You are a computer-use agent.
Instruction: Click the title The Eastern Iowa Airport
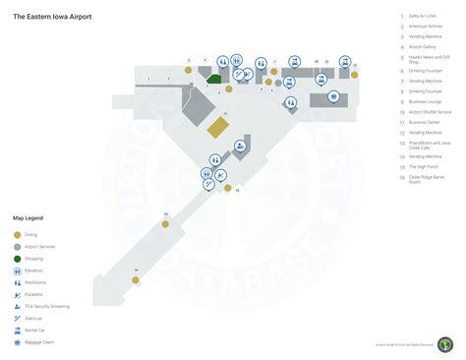click(x=51, y=16)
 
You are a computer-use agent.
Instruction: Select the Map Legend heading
click(x=28, y=217)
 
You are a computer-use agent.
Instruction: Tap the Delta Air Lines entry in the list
click(x=424, y=17)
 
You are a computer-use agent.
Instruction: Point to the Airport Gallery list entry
click(x=424, y=45)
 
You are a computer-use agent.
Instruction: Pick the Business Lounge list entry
click(x=425, y=101)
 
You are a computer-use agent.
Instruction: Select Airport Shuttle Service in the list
click(x=430, y=112)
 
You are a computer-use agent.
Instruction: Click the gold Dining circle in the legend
click(x=17, y=235)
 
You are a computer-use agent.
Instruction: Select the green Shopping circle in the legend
click(x=17, y=259)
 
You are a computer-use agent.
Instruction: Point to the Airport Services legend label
click(x=40, y=247)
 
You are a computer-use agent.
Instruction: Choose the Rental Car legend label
click(x=36, y=330)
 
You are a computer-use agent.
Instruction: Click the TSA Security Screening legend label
click(x=48, y=307)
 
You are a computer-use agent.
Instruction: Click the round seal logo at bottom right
click(x=445, y=344)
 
